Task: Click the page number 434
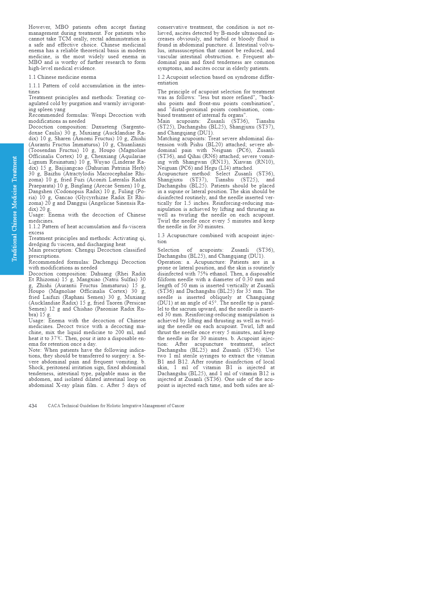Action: [x=33, y=406]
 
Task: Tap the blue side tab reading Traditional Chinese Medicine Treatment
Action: [x=12, y=209]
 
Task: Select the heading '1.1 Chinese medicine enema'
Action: [x=62, y=77]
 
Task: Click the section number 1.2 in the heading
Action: [x=161, y=77]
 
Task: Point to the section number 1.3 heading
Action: [x=161, y=235]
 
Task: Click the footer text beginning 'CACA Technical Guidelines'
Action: [x=116, y=406]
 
